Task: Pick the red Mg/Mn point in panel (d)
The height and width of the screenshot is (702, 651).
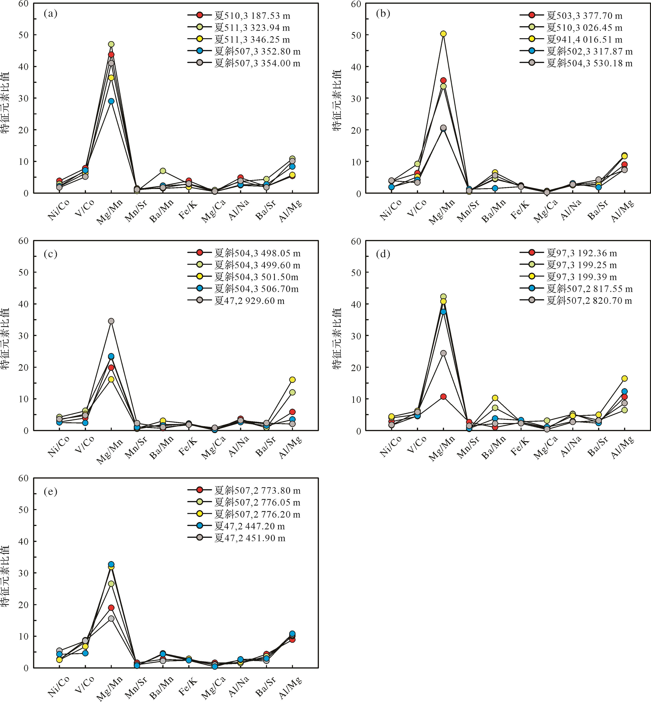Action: pos(443,396)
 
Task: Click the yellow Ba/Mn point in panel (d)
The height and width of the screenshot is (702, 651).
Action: pos(495,398)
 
